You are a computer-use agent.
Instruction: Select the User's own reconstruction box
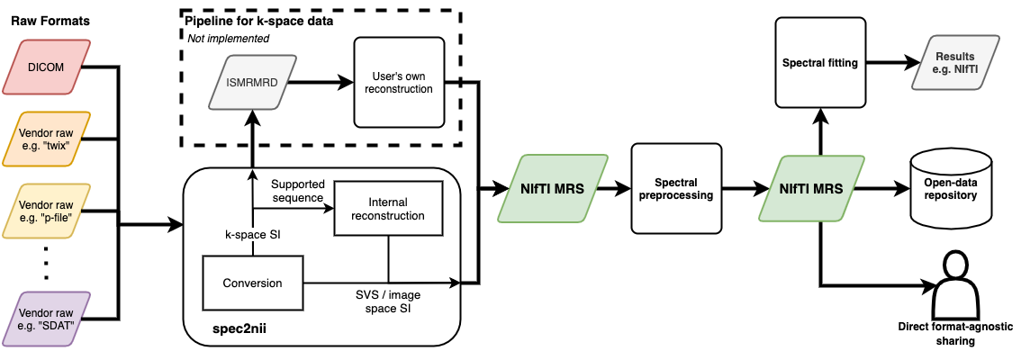coord(400,82)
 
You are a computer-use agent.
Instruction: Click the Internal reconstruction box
coord(388,209)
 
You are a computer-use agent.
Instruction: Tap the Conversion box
coord(253,283)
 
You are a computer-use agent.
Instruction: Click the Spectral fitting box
coord(819,63)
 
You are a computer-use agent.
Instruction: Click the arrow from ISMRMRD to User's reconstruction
coord(316,82)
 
